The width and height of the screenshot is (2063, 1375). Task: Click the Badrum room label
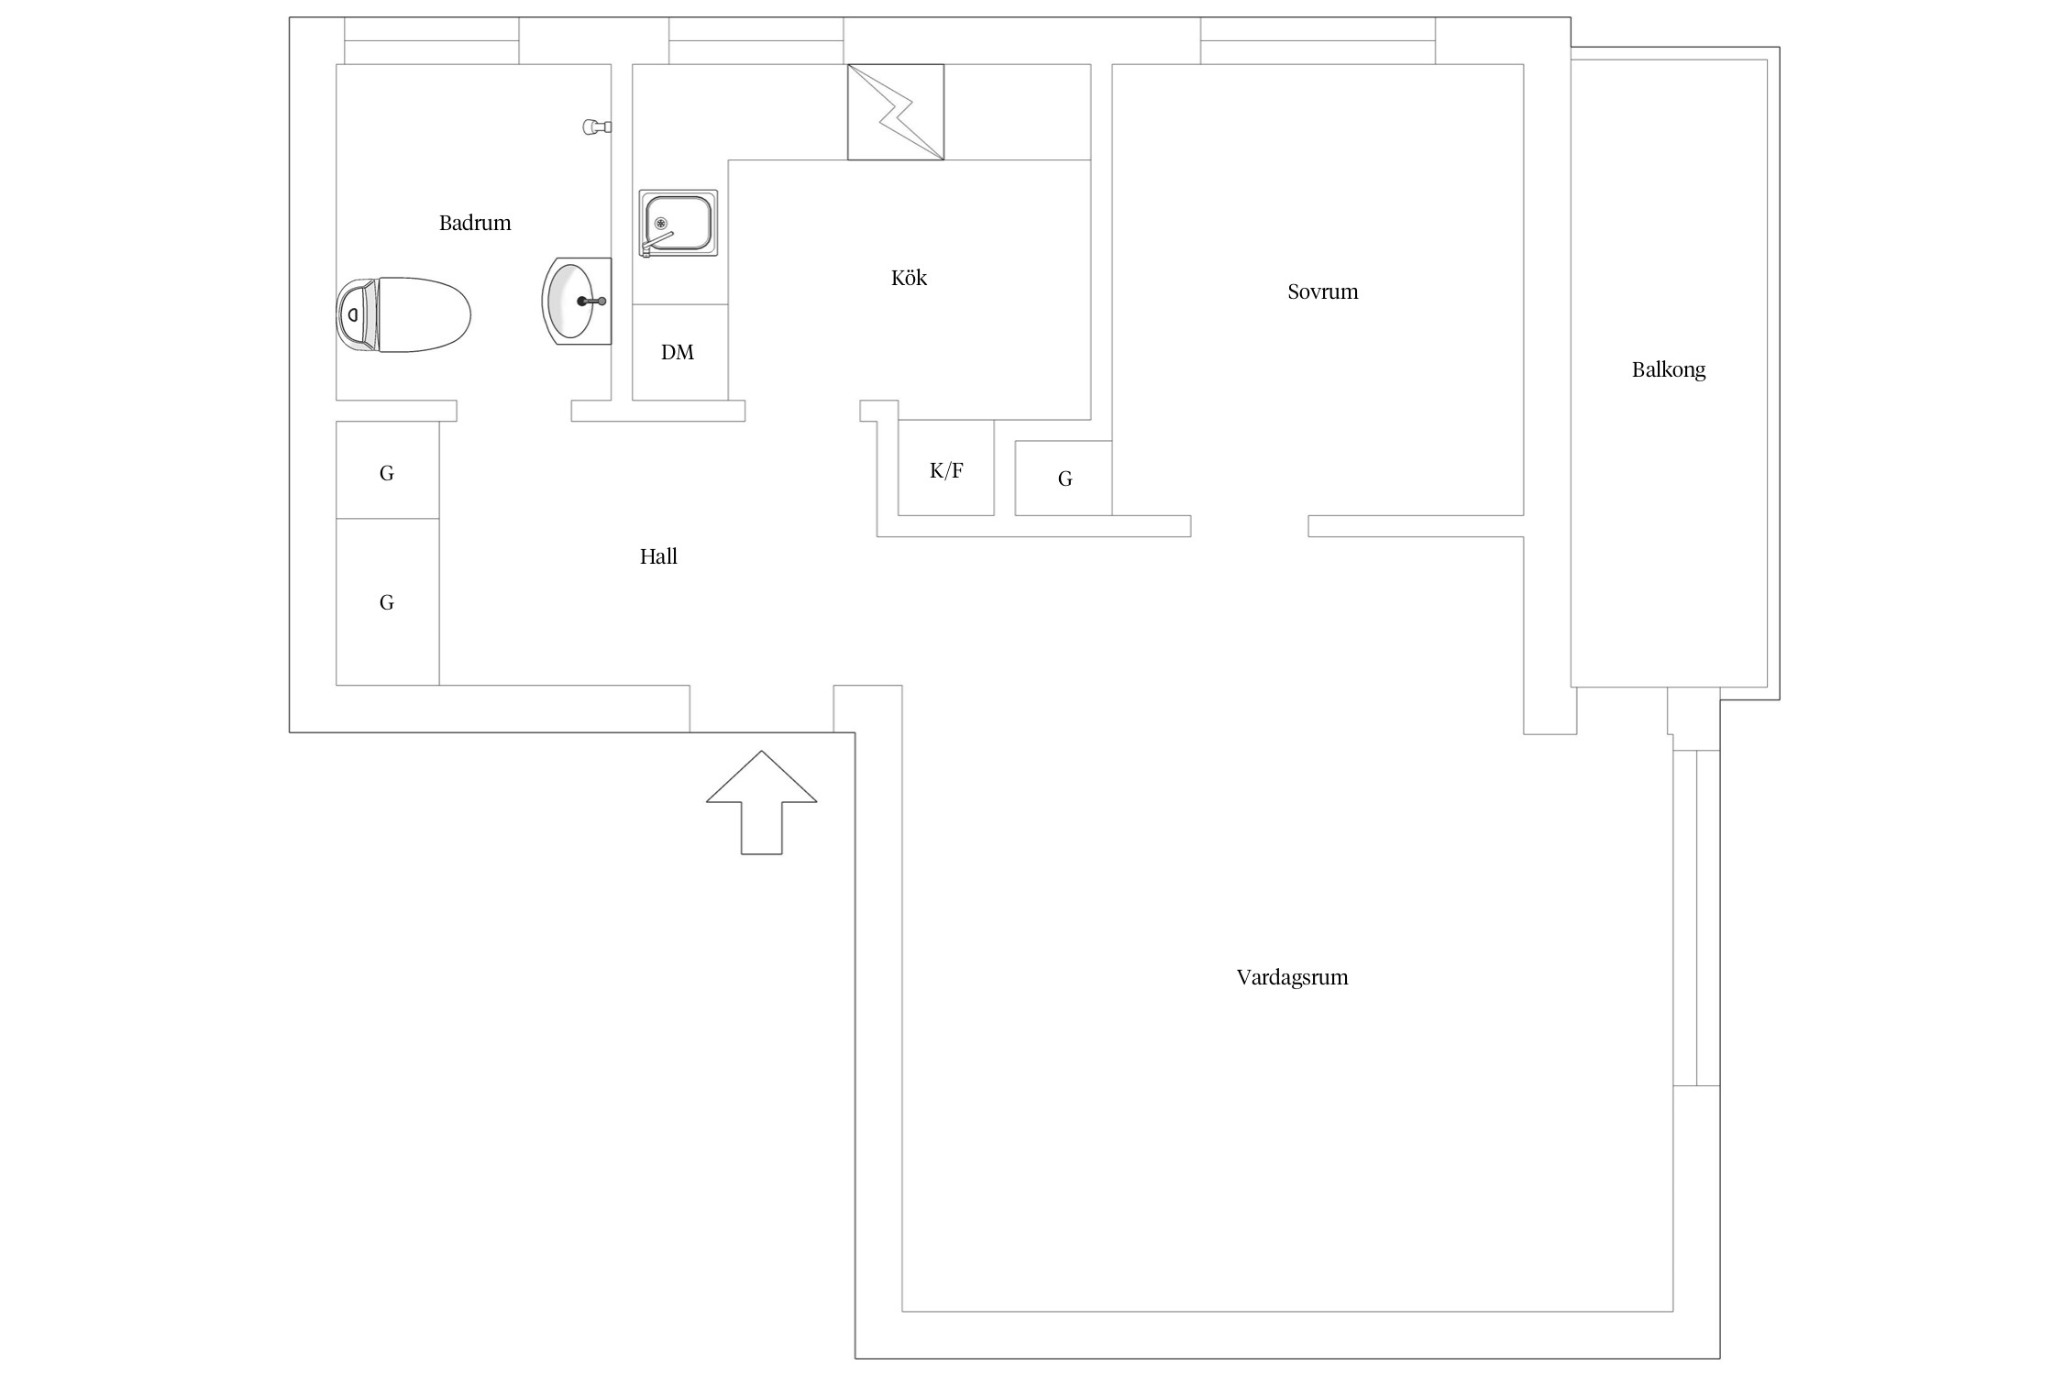pos(475,223)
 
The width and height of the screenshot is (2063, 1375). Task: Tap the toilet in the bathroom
pos(403,314)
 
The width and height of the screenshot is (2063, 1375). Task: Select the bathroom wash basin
pos(577,301)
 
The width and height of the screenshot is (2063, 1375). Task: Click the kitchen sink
pos(678,224)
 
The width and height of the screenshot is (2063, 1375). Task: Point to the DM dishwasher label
pos(678,352)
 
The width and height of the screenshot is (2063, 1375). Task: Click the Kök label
pos(909,278)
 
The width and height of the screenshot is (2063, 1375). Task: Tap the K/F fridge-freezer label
pos(946,470)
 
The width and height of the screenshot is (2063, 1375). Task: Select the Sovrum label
pos(1322,291)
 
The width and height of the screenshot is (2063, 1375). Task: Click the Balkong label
pos(1669,370)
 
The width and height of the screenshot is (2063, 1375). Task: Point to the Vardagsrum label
pos(1292,977)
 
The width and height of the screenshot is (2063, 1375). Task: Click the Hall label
pos(658,556)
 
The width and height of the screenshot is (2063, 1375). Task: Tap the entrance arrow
pos(761,803)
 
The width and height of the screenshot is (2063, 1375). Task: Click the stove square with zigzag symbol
pos(896,112)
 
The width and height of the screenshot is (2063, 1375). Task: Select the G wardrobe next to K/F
pos(1064,478)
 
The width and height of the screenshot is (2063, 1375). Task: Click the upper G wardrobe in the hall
pos(387,470)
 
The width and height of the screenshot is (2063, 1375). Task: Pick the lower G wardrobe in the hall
pos(387,601)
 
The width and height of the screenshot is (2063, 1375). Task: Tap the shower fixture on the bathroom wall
pos(597,127)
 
